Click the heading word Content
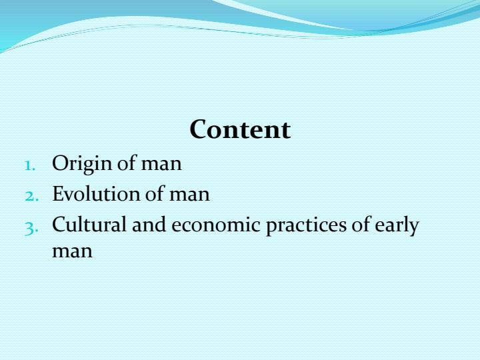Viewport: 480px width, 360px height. pyautogui.click(x=240, y=129)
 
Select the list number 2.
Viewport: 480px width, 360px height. pyautogui.click(x=32, y=195)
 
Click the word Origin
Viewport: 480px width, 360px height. pyautogui.click(x=82, y=164)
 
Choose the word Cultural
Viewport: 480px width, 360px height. pyautogui.click(x=89, y=225)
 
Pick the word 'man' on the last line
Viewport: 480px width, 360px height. pyautogui.click(x=72, y=252)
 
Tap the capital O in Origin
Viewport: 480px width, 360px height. pyautogui.click(x=60, y=163)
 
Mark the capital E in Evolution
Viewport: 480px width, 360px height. pyautogui.click(x=58, y=194)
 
